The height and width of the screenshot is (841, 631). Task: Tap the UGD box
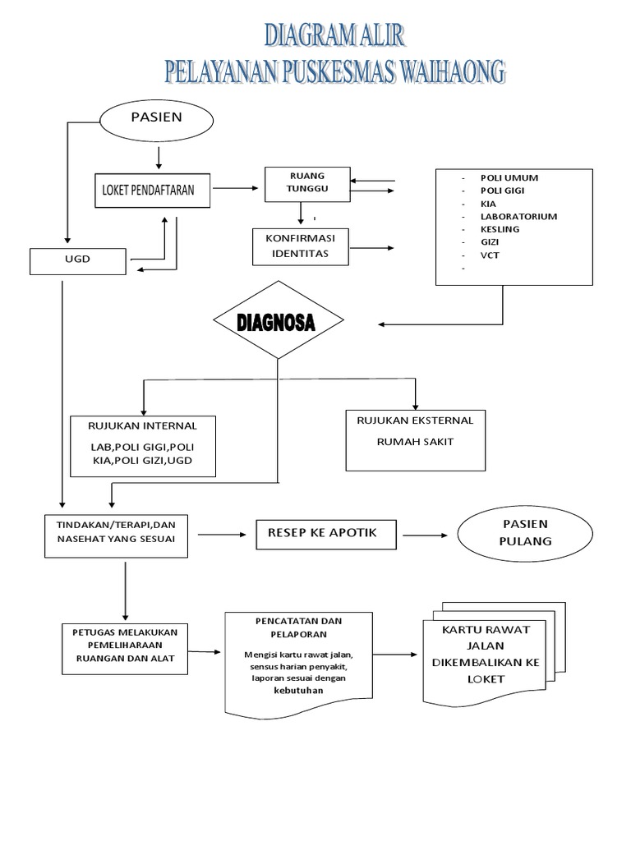tap(77, 261)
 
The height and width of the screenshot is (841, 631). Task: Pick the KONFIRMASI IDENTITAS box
tap(300, 246)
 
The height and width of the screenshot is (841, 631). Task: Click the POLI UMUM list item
tap(509, 177)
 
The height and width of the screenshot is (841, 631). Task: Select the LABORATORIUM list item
tap(518, 217)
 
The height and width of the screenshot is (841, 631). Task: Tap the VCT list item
tap(490, 255)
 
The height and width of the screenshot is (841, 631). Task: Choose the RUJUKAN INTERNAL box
tap(143, 446)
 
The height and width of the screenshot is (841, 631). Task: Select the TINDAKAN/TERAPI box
tap(115, 535)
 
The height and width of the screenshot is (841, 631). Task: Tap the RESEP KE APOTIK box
tap(327, 533)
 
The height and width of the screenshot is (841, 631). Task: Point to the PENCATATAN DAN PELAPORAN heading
tap(297, 627)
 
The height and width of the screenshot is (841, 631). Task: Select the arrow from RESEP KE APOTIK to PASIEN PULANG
tap(425, 535)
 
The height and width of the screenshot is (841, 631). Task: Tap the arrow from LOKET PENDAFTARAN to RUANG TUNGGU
tap(233, 189)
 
